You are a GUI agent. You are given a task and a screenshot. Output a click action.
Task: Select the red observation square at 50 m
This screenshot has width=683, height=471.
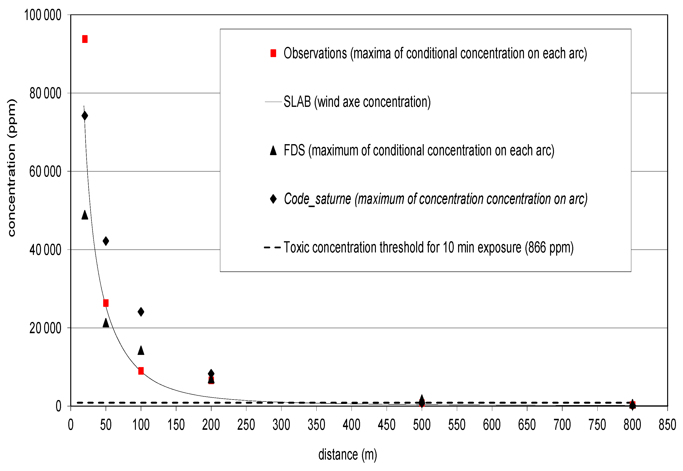106,303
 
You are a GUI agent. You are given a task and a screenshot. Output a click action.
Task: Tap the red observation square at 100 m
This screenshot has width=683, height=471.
141,371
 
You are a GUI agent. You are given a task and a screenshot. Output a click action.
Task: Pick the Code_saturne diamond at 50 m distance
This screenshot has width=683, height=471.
106,241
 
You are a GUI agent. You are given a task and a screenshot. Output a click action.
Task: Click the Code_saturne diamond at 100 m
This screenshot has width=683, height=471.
141,312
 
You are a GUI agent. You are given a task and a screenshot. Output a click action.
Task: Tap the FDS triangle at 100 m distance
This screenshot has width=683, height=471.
141,351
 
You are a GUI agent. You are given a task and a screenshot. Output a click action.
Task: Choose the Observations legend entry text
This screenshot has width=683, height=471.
435,53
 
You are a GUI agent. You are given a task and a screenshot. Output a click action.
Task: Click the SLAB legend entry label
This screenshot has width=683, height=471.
357,102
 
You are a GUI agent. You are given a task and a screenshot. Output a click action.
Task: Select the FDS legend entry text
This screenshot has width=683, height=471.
419,150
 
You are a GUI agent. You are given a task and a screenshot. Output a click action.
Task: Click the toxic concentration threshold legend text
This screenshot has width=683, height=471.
428,247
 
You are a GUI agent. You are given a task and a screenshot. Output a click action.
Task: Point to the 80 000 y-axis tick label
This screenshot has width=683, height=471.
45,93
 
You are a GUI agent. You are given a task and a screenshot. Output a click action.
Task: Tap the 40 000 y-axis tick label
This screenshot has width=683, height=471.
45,250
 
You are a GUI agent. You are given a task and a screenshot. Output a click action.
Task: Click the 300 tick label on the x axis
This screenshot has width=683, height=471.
281,425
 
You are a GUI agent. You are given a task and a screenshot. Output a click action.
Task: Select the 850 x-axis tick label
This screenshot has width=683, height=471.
667,425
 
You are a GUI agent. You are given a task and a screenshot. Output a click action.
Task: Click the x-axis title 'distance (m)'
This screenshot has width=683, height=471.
347,455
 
